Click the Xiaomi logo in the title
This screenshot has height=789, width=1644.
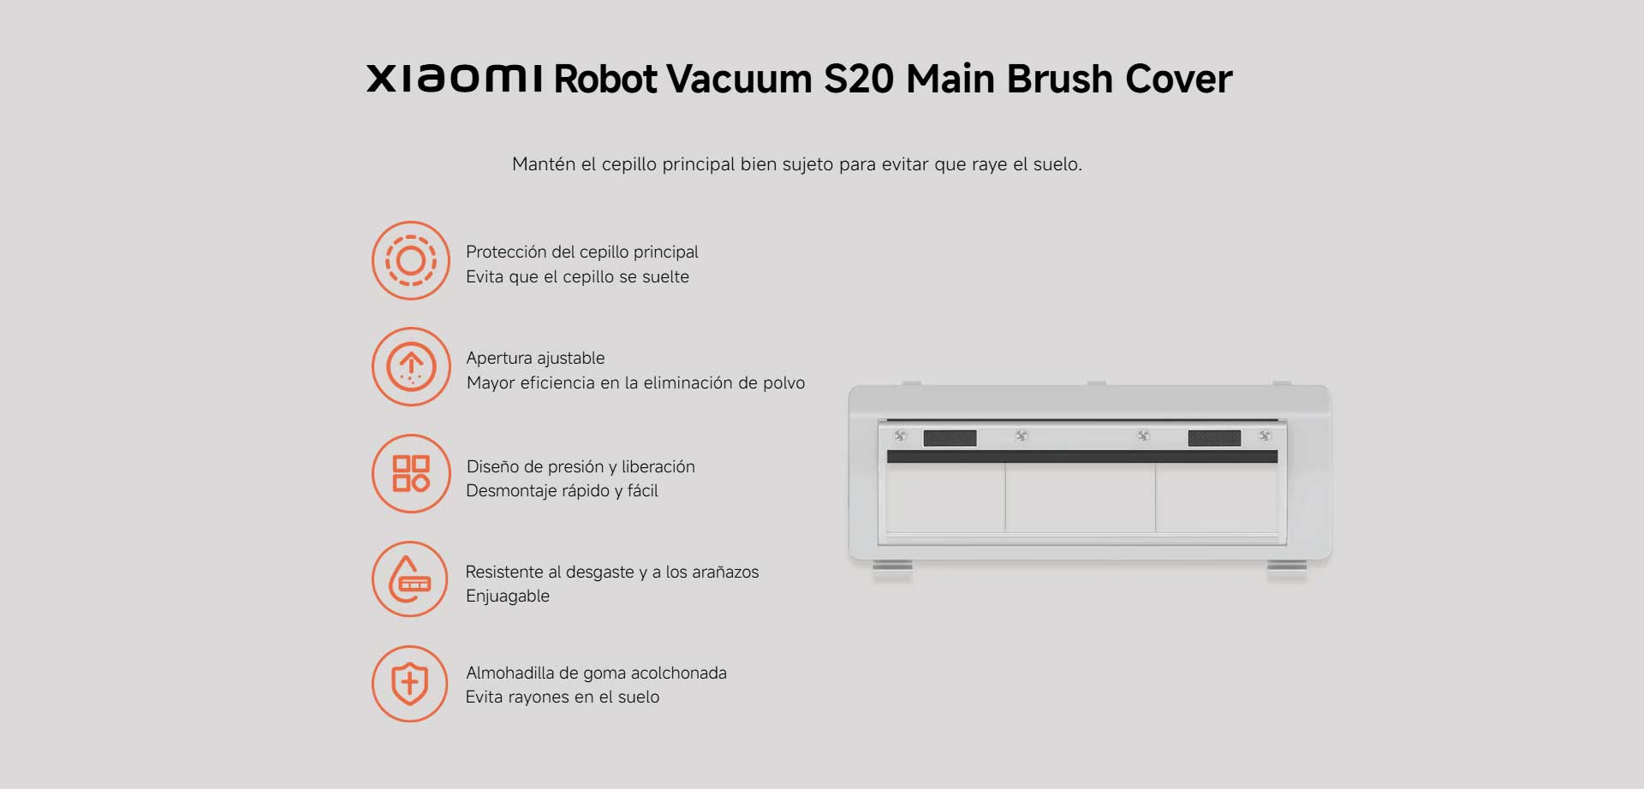click(455, 78)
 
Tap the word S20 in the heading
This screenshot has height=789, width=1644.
click(859, 79)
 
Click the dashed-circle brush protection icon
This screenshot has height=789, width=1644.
click(411, 260)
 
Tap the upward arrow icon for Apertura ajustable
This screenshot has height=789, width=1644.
click(411, 366)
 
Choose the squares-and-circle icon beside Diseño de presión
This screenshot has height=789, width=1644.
click(411, 473)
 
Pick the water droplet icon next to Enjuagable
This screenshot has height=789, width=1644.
click(410, 579)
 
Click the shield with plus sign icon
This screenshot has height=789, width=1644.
click(410, 684)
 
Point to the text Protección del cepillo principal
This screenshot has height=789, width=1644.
click(582, 252)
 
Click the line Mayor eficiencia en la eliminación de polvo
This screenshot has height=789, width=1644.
click(635, 383)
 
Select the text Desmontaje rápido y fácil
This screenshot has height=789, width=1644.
click(562, 490)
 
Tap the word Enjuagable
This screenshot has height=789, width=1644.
click(508, 596)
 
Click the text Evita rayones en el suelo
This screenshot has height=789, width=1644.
click(563, 697)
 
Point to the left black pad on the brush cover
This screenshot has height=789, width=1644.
click(950, 438)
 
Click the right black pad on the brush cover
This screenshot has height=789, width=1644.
click(1214, 438)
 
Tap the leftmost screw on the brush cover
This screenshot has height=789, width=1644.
click(900, 436)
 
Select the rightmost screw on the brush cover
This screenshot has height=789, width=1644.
click(1265, 436)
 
